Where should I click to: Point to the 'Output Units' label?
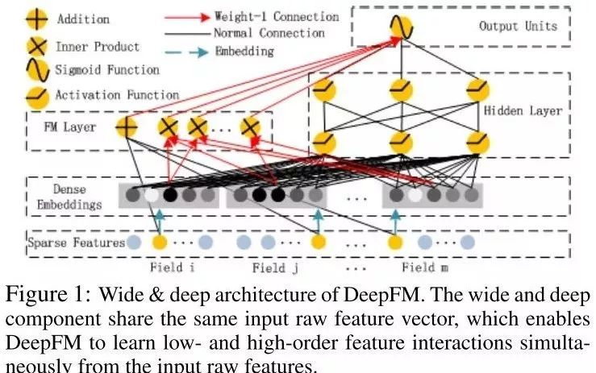(518, 26)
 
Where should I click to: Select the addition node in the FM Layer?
(127, 127)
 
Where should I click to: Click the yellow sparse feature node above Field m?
(395, 242)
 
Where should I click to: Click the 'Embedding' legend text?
(246, 51)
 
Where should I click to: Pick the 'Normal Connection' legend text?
(269, 33)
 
